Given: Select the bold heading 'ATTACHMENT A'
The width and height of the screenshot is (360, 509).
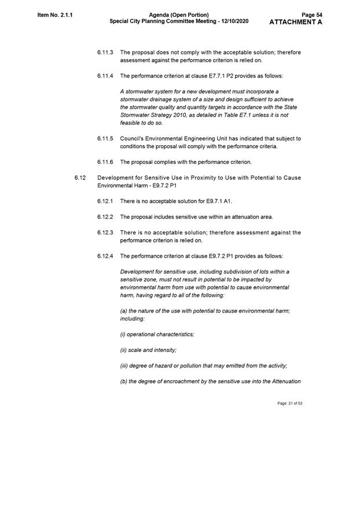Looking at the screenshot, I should pos(296,22).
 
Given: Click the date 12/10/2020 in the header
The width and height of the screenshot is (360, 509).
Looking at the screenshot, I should pos(234,21).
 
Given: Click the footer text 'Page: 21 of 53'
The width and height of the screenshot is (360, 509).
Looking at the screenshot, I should pos(290,403).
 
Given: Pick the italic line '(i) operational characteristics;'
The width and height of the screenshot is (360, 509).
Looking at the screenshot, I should pos(157,334).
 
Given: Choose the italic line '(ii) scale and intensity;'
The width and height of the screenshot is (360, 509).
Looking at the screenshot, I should pos(148,350).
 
